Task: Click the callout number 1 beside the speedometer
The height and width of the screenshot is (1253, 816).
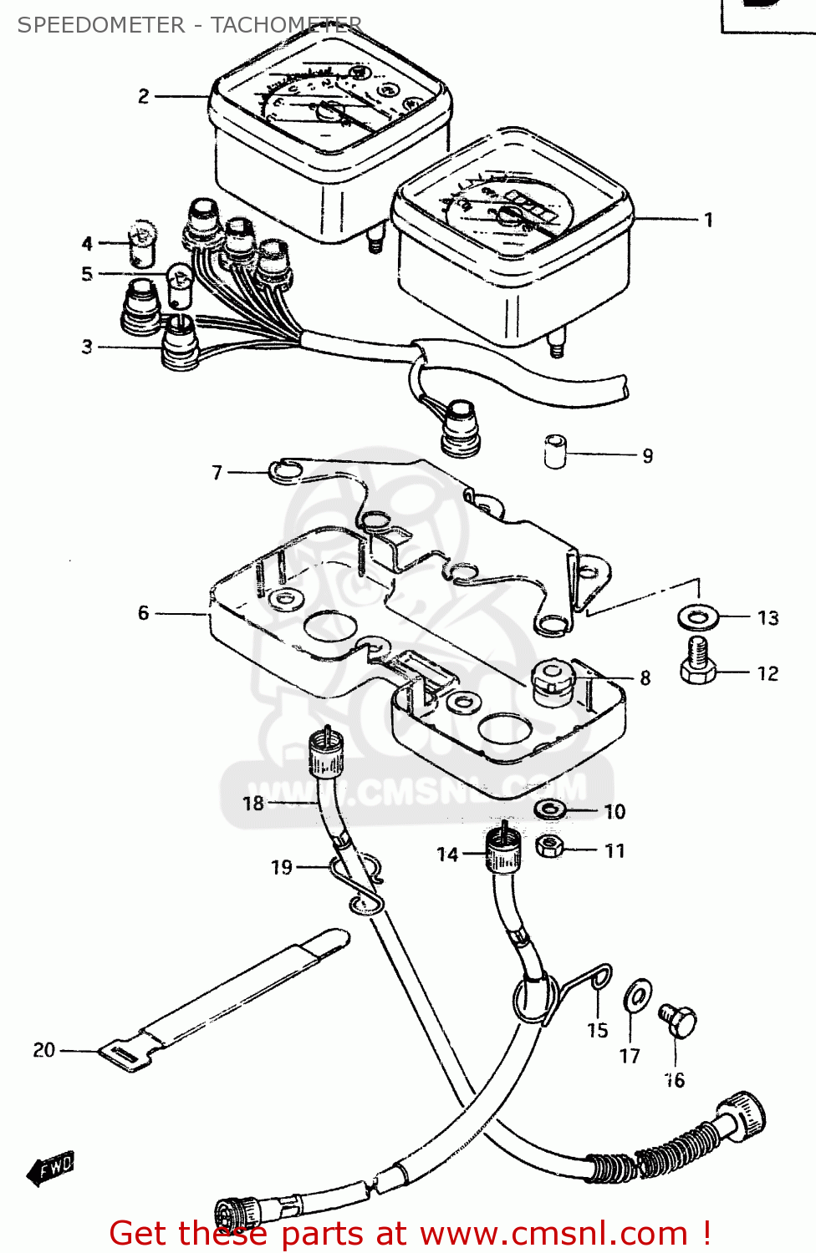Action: (708, 221)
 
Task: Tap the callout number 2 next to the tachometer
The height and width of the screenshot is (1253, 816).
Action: (144, 97)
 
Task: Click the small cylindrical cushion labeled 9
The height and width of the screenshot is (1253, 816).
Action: (555, 451)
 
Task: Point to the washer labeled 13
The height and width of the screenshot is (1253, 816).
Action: (697, 618)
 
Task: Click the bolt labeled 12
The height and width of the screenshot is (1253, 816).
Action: (698, 662)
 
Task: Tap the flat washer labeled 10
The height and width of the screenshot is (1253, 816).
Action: (549, 809)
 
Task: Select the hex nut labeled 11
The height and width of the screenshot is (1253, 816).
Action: (548, 848)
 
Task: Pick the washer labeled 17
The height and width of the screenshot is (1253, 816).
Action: (637, 995)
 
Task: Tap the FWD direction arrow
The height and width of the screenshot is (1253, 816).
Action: (52, 1167)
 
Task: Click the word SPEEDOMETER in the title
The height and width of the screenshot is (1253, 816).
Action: (101, 25)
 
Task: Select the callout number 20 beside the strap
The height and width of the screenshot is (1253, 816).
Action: (43, 1050)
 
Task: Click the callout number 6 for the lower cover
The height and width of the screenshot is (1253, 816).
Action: (144, 614)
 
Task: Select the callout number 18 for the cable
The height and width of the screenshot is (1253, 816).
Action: (252, 804)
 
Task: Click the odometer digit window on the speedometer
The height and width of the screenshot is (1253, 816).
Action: (530, 206)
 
